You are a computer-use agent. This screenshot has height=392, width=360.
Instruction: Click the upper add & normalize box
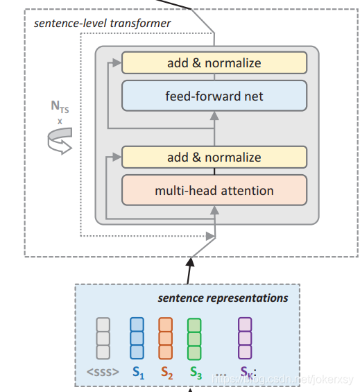point(214,63)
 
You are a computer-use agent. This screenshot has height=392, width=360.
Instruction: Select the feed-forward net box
point(214,96)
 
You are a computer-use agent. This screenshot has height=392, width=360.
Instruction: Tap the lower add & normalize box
point(214,157)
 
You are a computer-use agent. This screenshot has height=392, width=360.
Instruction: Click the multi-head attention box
point(214,190)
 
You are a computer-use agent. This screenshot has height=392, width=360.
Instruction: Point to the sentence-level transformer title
point(102,24)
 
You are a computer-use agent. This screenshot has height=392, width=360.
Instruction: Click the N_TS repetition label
point(60,110)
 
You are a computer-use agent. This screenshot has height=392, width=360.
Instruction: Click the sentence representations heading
point(223,298)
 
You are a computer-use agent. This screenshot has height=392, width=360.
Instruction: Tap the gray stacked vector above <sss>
point(103,338)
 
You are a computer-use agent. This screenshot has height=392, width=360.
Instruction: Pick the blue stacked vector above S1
point(137,338)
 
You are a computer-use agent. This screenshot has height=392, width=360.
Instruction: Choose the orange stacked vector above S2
point(165,338)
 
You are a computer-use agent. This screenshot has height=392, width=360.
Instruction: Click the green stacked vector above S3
point(194,338)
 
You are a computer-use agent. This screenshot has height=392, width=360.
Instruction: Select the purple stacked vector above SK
point(245,338)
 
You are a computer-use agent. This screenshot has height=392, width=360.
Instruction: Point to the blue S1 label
point(137,373)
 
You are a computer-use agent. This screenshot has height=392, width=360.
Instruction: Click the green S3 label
point(196,373)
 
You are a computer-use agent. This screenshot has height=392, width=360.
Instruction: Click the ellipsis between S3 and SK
point(220,373)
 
